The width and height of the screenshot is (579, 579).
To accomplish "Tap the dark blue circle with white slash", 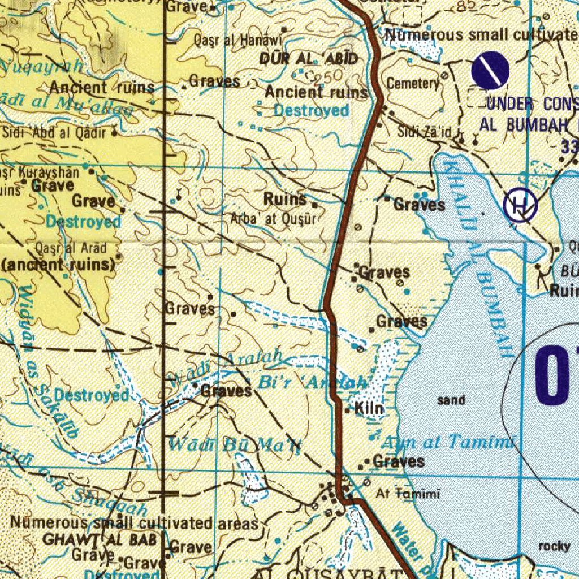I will click(x=490, y=71).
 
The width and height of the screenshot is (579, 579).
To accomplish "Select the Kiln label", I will click(x=369, y=408).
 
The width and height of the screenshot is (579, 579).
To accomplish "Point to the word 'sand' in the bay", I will click(x=451, y=400).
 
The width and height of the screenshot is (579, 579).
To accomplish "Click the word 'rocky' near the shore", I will click(x=554, y=546).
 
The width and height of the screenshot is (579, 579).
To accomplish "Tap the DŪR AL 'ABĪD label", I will click(x=309, y=58).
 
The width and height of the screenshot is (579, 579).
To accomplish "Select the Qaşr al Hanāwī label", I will click(x=237, y=40).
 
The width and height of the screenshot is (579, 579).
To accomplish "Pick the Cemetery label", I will click(x=413, y=84).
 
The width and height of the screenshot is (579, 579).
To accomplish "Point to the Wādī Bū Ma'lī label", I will click(x=236, y=445).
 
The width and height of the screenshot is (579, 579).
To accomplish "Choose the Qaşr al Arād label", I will click(x=71, y=248).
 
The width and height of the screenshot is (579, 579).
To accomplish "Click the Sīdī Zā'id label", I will click(x=424, y=132).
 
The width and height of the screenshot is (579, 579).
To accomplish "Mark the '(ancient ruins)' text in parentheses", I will click(x=59, y=264).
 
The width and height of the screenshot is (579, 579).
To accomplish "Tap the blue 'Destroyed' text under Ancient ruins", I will click(x=312, y=110).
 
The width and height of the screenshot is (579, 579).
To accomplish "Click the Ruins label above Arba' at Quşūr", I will click(x=285, y=199).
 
